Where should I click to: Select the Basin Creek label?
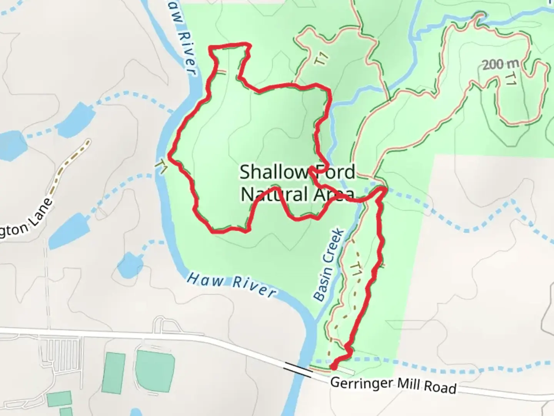[328, 265]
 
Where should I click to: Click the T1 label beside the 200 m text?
[510, 79]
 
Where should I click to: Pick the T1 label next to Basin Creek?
[357, 268]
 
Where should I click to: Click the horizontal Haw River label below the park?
[231, 285]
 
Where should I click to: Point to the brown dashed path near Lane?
[72, 162]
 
